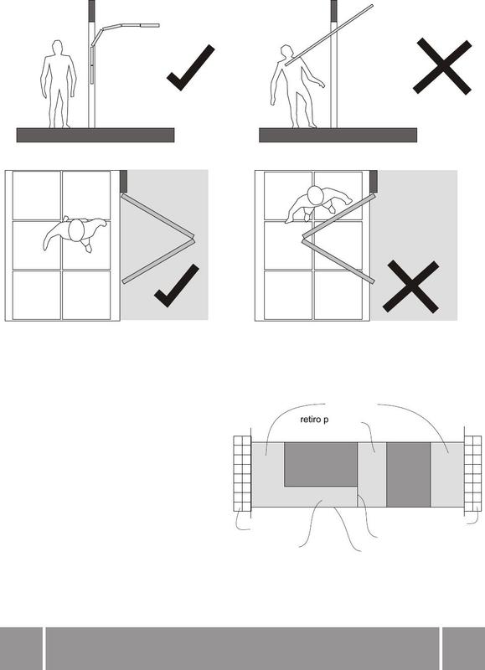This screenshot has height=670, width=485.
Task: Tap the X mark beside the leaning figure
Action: click(x=442, y=66)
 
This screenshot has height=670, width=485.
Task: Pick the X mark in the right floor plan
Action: click(x=410, y=286)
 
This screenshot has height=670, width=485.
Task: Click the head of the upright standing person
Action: click(x=57, y=47)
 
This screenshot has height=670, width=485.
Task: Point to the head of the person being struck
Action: click(x=286, y=52)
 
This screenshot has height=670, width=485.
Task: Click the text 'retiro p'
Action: click(x=314, y=420)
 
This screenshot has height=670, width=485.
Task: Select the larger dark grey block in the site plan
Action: click(x=321, y=464)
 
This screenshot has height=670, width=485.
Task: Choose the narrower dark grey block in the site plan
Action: click(x=409, y=474)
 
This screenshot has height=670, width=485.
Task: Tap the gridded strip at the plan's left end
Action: click(x=242, y=473)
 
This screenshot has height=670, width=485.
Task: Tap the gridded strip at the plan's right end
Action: click(x=472, y=473)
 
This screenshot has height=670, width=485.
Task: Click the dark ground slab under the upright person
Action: click(x=95, y=135)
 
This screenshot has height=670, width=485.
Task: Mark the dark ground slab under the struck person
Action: click(x=338, y=135)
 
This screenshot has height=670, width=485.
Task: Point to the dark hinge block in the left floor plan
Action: click(x=124, y=181)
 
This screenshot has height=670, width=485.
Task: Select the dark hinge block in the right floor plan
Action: click(x=374, y=181)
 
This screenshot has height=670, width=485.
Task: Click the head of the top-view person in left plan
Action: click(x=76, y=229)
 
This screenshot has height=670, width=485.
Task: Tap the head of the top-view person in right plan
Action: click(x=315, y=195)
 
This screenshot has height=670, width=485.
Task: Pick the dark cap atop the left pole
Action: click(x=91, y=11)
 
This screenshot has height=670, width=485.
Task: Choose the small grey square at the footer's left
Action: click(x=22, y=648)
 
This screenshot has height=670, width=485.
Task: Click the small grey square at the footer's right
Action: click(x=463, y=648)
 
